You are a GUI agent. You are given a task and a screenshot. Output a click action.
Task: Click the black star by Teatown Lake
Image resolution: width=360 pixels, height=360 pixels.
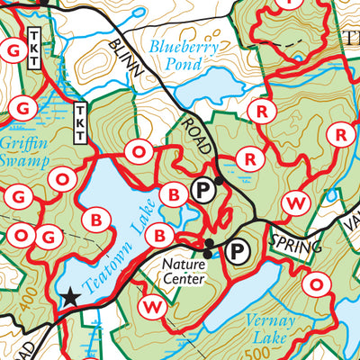pos(69,294)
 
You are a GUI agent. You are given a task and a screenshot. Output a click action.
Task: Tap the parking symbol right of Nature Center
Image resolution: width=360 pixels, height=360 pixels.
pos(239,253)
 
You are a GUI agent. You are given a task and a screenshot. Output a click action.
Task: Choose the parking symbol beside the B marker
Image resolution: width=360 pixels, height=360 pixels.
pos(202,190)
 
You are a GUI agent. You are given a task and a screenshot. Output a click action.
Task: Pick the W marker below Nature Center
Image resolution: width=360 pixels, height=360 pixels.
pos(152,308)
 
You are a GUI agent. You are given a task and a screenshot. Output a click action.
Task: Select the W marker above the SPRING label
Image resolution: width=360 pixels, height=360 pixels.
pos(293,203)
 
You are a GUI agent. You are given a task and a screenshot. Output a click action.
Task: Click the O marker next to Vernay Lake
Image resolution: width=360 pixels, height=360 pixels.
pos(317,285)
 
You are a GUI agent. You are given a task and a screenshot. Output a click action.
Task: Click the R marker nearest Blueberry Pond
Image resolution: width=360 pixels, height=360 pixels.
pos(262,112)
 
